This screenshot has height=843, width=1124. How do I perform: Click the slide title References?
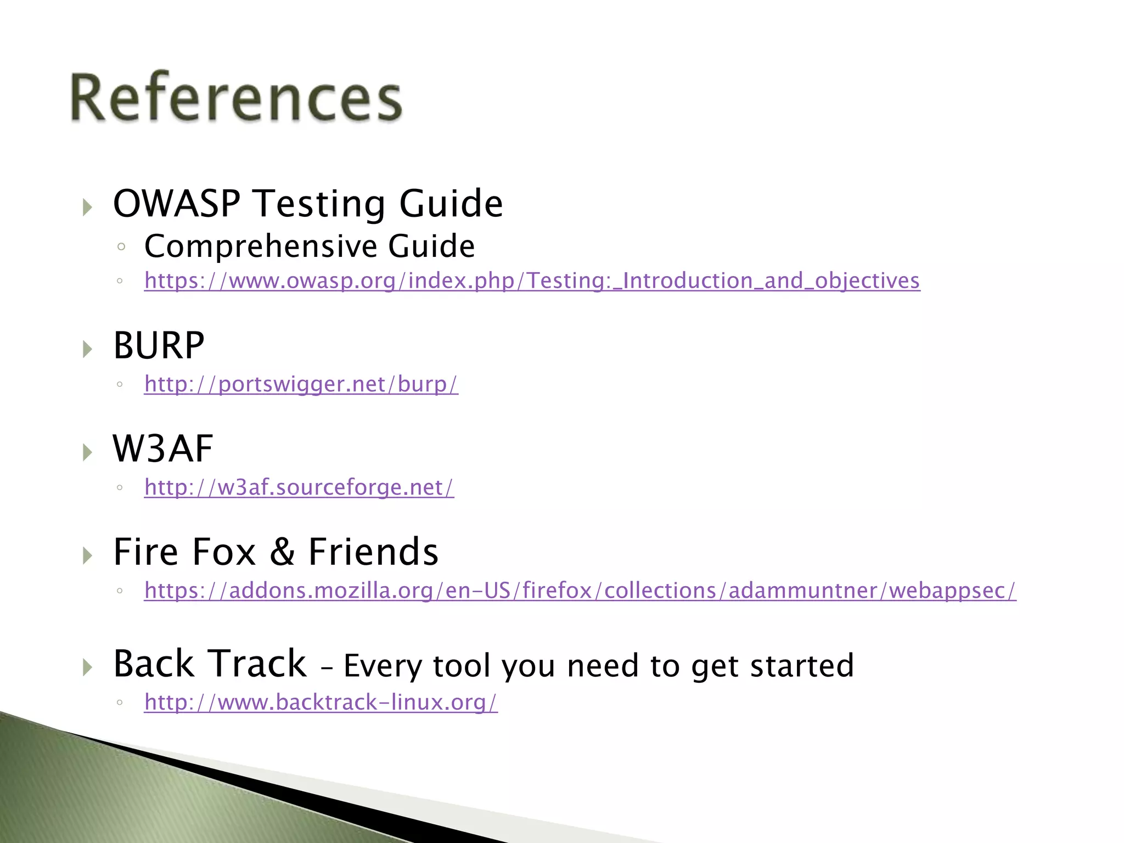point(236,98)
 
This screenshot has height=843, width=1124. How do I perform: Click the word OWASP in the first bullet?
point(176,204)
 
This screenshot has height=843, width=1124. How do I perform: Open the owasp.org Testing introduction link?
point(531,280)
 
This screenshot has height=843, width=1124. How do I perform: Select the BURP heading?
point(159,346)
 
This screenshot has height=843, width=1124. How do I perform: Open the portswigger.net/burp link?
point(301,384)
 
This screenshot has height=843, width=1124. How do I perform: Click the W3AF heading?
point(162,449)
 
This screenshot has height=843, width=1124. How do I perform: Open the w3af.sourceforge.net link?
point(299,487)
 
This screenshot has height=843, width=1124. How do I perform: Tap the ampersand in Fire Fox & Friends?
point(282,552)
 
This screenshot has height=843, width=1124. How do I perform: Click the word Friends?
point(373,552)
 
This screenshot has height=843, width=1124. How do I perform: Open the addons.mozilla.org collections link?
point(580,591)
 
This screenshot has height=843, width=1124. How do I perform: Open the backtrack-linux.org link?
point(321,702)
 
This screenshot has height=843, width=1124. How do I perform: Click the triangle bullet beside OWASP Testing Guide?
point(87,207)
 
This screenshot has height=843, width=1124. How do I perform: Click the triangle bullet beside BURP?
point(87,349)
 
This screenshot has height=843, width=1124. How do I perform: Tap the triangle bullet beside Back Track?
point(87,667)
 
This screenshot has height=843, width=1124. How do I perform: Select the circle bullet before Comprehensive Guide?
point(121,247)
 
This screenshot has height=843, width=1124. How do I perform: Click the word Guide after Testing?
point(451,204)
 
